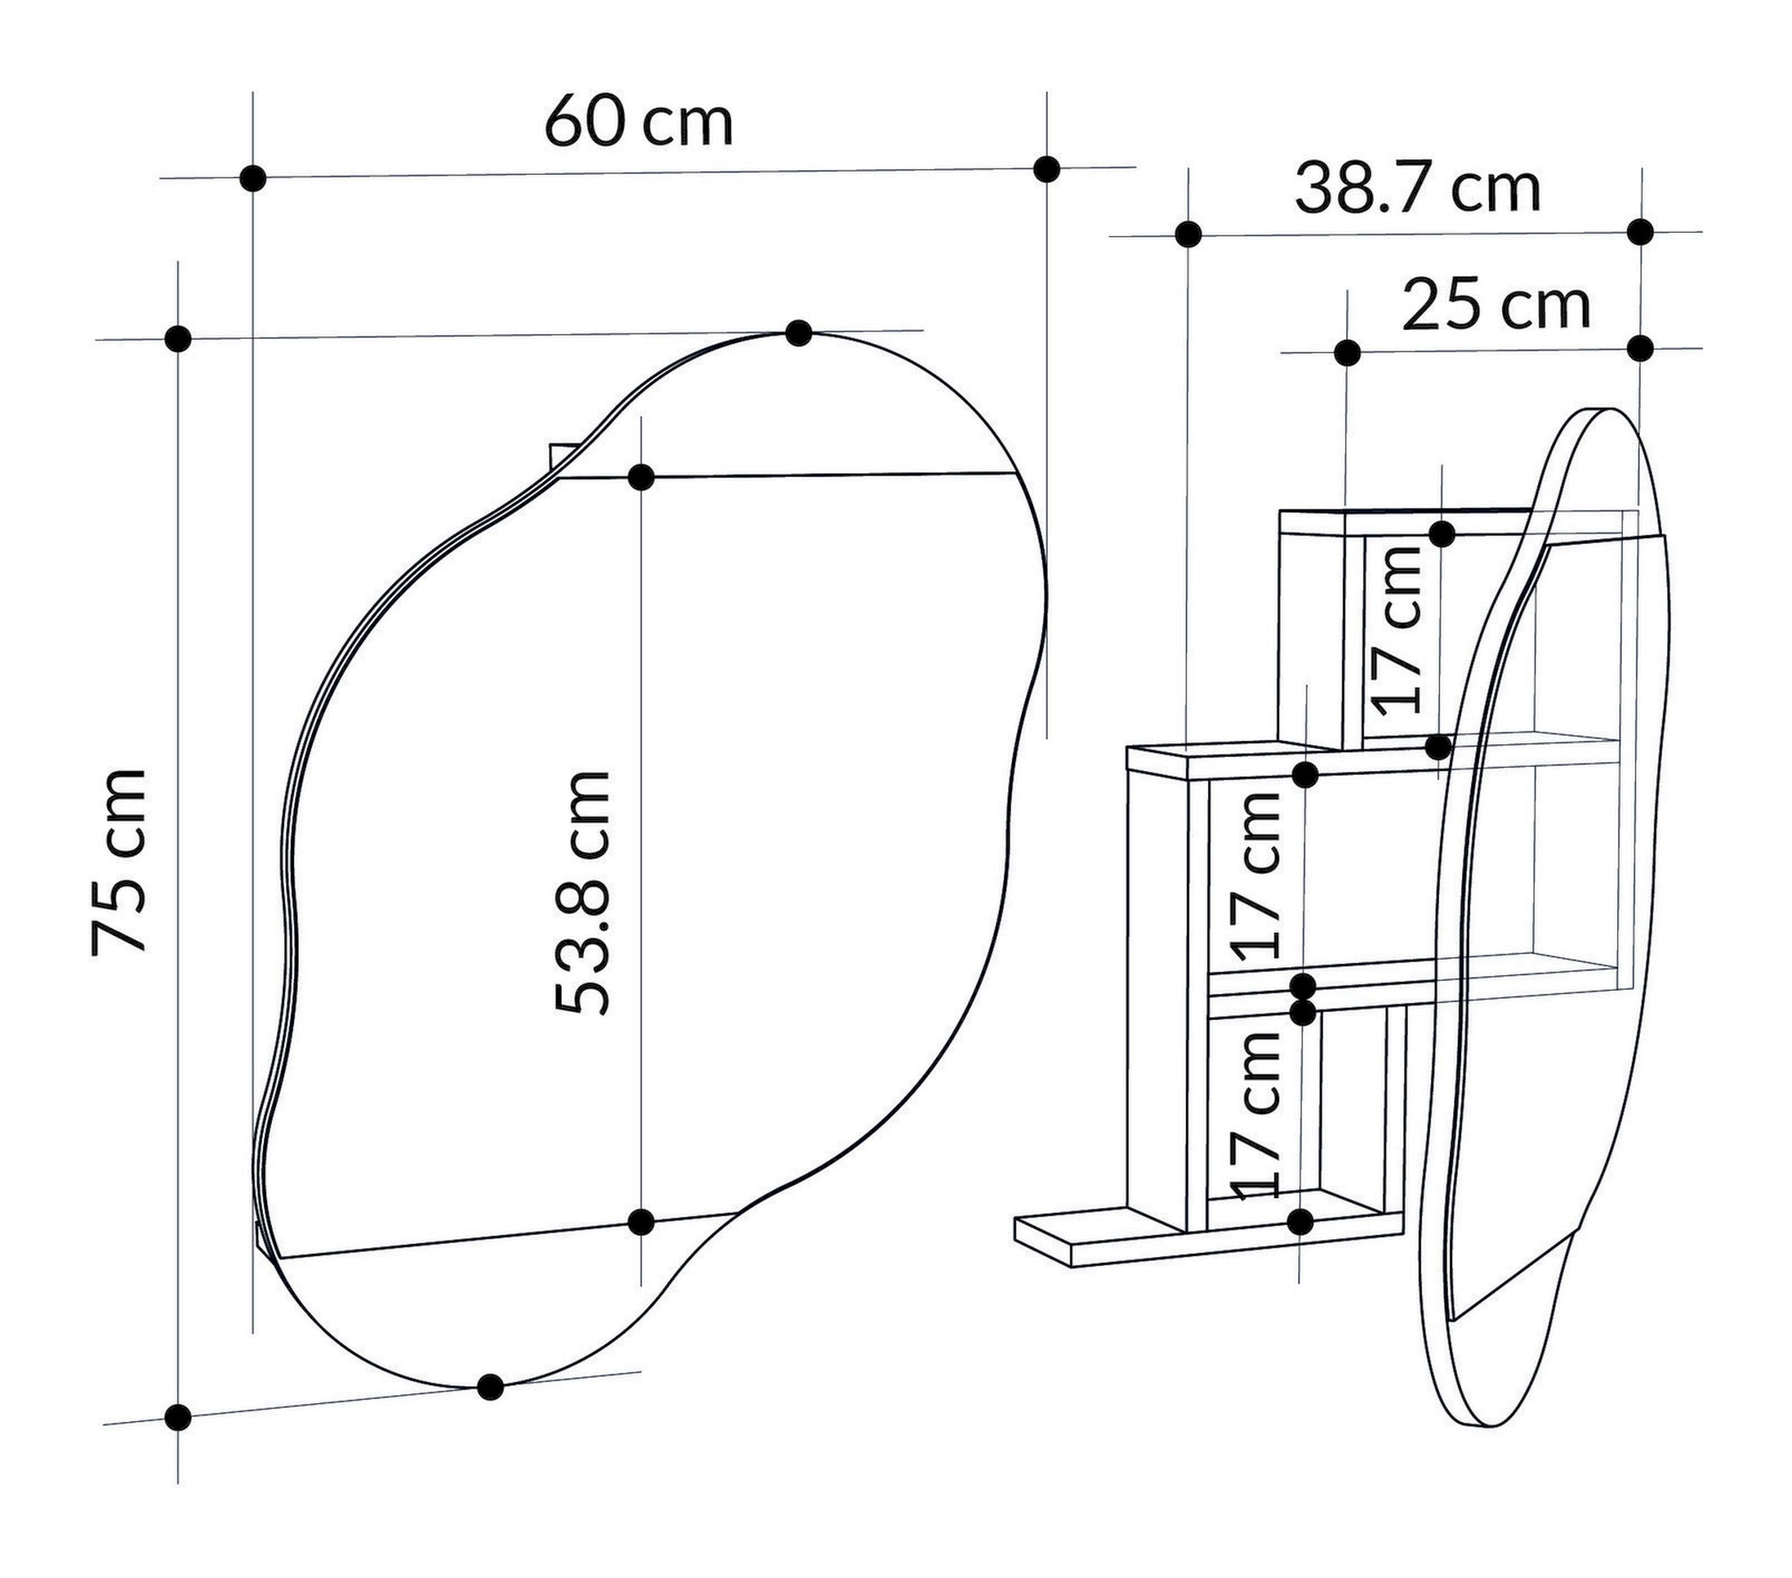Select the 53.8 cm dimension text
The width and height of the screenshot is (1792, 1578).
click(x=582, y=893)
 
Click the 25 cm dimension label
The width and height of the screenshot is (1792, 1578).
click(x=1497, y=306)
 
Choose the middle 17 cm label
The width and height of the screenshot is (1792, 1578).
click(x=1255, y=874)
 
